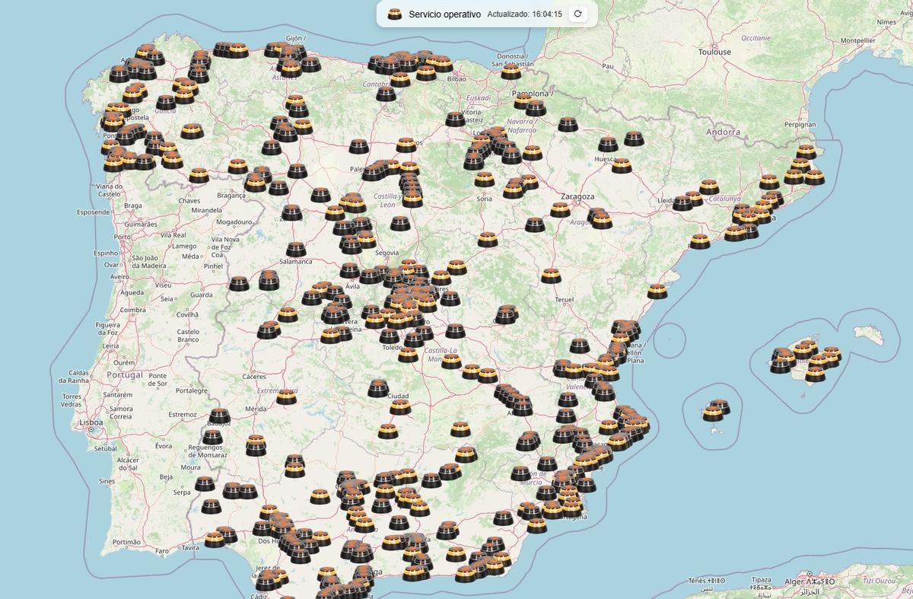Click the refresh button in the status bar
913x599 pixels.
[578, 14]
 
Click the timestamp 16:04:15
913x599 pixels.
[547, 14]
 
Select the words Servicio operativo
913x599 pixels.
[444, 14]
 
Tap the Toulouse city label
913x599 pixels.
[714, 52]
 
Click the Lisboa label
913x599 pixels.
[91, 422]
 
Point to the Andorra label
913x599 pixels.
[722, 132]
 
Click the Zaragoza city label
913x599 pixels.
[577, 196]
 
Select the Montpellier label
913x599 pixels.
[857, 40]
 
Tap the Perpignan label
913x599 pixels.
[800, 124]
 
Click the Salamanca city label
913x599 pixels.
[296, 261]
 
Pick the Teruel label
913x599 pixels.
[564, 300]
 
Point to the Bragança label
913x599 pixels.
[231, 196]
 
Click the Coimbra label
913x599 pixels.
[132, 310]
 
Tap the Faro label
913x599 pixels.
[161, 550]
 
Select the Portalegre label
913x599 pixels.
[191, 390]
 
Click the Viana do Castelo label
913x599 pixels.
[109, 190]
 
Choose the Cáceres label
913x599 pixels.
[254, 376]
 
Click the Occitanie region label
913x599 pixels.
[756, 37]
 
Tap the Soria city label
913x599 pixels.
[484, 199]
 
